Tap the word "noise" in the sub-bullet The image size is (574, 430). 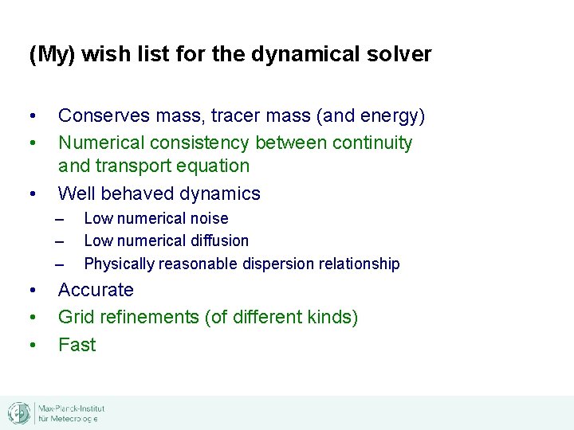210,218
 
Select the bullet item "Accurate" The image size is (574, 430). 96,290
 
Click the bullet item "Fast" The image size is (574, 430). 77,345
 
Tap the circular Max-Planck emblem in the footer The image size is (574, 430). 19,413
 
